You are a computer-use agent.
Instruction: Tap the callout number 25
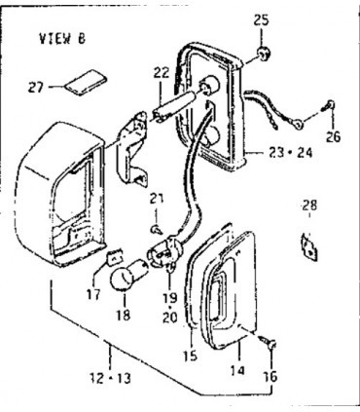[x=260, y=19]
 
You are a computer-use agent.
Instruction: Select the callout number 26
[x=334, y=136]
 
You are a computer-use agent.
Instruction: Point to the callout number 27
[x=36, y=87]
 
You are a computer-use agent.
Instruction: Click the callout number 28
[x=308, y=206]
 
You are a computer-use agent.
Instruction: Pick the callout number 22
[x=161, y=71]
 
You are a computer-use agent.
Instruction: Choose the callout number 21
[x=153, y=200]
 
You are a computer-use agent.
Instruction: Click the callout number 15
[x=190, y=356]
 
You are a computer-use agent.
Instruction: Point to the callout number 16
[x=269, y=375]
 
